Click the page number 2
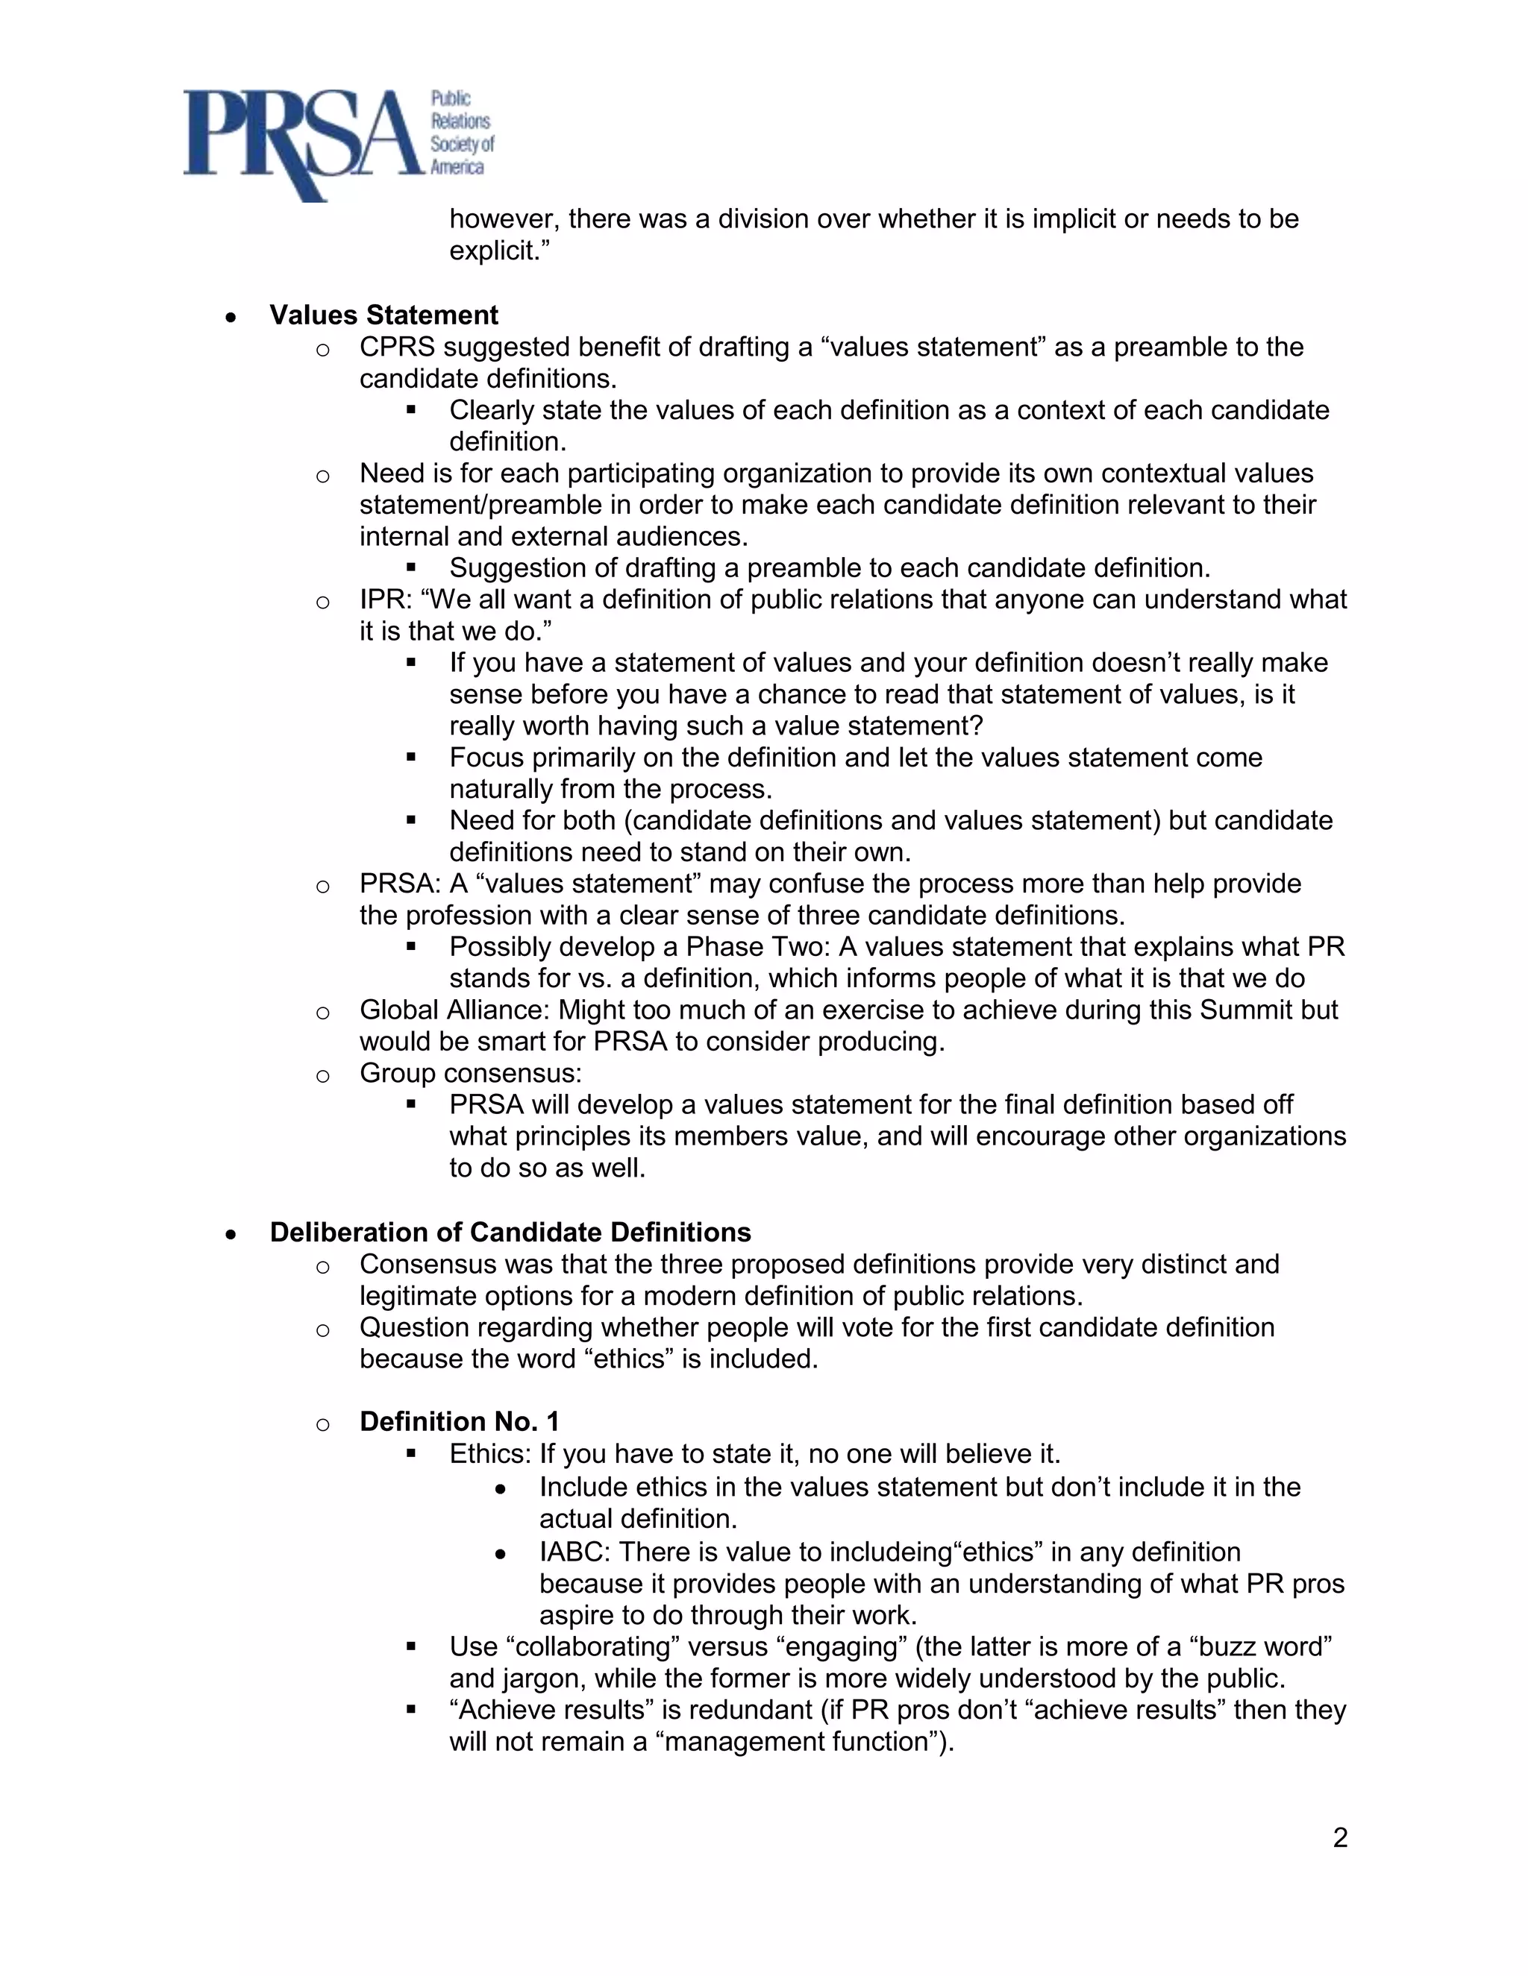[1340, 1837]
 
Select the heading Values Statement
[383, 315]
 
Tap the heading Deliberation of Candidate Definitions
[510, 1233]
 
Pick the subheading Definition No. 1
[459, 1421]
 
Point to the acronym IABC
[574, 1552]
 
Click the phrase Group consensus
[470, 1073]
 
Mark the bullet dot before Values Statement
[232, 317]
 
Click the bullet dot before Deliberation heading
[232, 1234]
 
